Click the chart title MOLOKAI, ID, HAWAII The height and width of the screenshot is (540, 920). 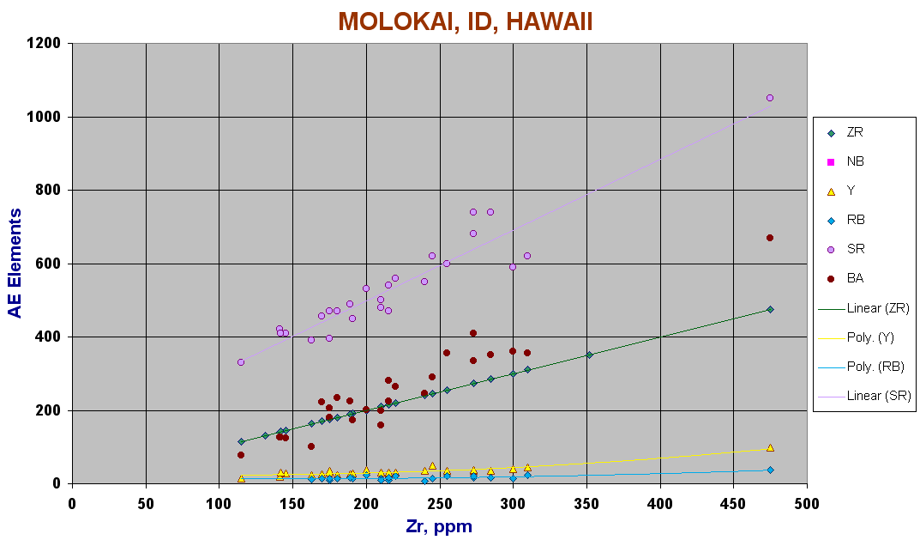tap(466, 21)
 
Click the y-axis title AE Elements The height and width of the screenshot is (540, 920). tap(15, 264)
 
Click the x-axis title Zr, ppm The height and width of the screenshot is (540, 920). tap(439, 526)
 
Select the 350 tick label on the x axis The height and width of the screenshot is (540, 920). tap(586, 504)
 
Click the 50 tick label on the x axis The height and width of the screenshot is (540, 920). tap(146, 504)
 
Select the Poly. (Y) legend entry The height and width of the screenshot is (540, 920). tap(857, 337)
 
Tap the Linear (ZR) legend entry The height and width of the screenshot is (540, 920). tap(864, 308)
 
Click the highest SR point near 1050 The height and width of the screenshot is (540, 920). tap(770, 98)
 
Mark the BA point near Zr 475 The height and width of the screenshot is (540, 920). tap(770, 238)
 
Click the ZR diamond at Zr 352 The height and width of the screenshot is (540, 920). tap(590, 355)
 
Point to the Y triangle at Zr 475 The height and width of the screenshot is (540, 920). tap(770, 447)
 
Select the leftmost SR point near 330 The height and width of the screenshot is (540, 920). tap(241, 362)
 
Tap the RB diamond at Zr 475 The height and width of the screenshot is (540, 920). tap(770, 470)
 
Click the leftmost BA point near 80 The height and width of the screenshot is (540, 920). tap(241, 455)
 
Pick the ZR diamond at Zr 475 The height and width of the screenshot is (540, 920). tap(770, 309)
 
